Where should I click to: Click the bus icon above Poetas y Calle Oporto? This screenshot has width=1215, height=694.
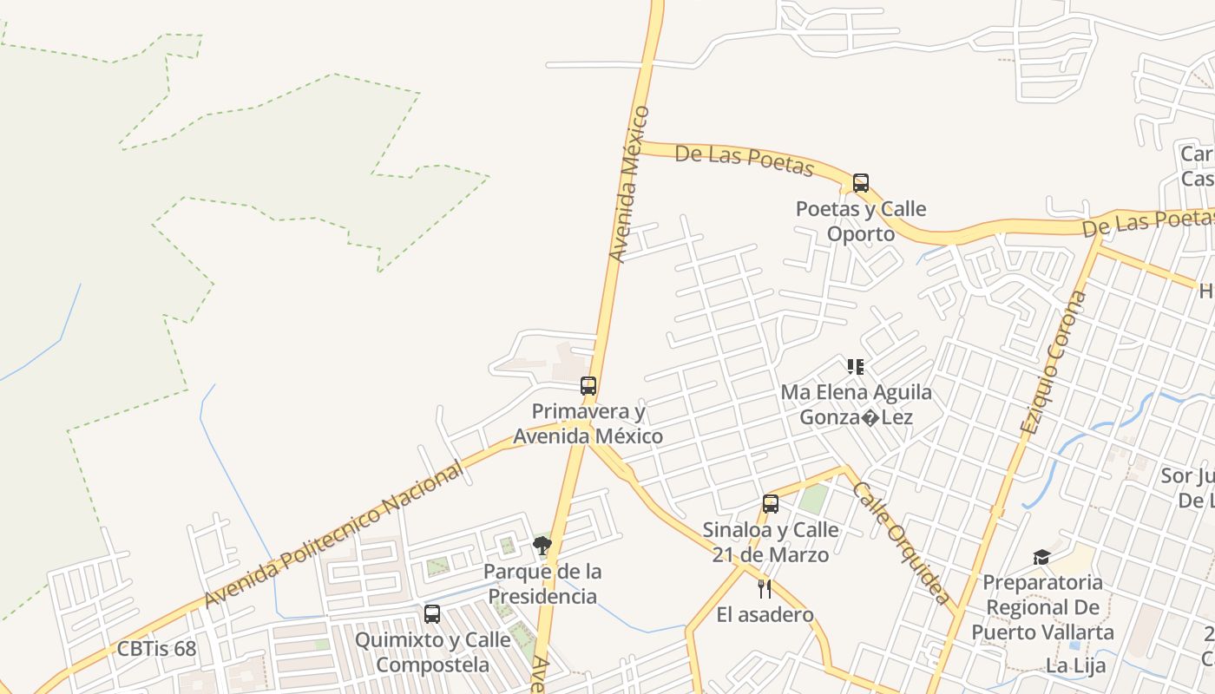pyautogui.click(x=860, y=183)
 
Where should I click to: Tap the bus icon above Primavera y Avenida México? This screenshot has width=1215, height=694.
pyautogui.click(x=588, y=386)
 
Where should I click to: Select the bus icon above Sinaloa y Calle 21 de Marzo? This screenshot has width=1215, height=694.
pyautogui.click(x=771, y=504)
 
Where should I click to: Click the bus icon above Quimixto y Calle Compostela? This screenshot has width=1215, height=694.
pyautogui.click(x=432, y=614)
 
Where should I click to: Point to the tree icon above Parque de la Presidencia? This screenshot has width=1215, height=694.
pyautogui.click(x=542, y=546)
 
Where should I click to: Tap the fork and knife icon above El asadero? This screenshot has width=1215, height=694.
pyautogui.click(x=765, y=589)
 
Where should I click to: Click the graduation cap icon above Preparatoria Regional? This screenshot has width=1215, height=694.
pyautogui.click(x=1041, y=557)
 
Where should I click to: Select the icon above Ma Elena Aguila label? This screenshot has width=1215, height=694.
pyautogui.click(x=856, y=367)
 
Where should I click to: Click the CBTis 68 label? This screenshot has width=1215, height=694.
pyautogui.click(x=156, y=649)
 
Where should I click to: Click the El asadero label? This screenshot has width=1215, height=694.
pyautogui.click(x=765, y=615)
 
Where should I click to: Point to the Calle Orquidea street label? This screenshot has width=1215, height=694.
pyautogui.click(x=901, y=542)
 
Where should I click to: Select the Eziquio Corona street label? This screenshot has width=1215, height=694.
pyautogui.click(x=1054, y=363)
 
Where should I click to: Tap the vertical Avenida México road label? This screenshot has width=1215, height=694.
pyautogui.click(x=629, y=184)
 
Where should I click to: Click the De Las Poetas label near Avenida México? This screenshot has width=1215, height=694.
pyautogui.click(x=744, y=160)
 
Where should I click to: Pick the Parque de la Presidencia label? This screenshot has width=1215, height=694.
pyautogui.click(x=542, y=584)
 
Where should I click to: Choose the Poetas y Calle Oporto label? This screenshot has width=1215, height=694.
pyautogui.click(x=861, y=221)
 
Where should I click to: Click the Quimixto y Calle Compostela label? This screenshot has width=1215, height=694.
pyautogui.click(x=433, y=652)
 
